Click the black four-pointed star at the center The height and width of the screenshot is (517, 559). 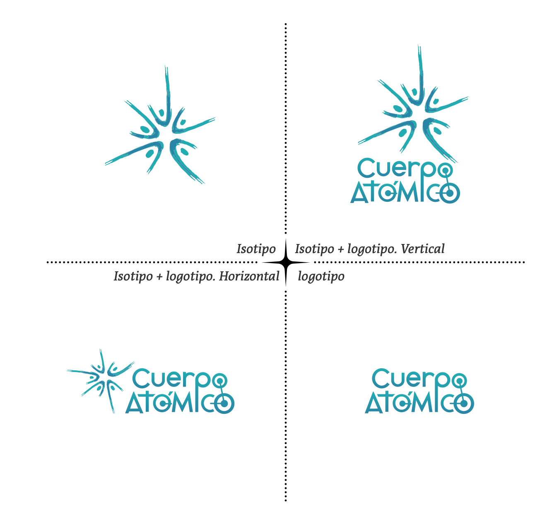pyautogui.click(x=286, y=262)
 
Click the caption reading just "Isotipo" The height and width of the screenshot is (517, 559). pyautogui.click(x=256, y=249)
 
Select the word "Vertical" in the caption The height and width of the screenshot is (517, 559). pyautogui.click(x=423, y=249)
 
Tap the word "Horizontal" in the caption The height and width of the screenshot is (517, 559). pyautogui.click(x=249, y=276)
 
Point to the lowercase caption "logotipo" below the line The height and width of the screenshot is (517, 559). pyautogui.click(x=321, y=276)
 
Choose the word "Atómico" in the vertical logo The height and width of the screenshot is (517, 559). pyautogui.click(x=405, y=193)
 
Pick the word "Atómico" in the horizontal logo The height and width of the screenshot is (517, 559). pyautogui.click(x=180, y=403)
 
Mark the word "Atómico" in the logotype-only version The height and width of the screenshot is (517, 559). pyautogui.click(x=419, y=403)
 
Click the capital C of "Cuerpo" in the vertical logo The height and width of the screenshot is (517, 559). pyautogui.click(x=366, y=168)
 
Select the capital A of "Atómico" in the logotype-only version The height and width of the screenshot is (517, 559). pyautogui.click(x=373, y=403)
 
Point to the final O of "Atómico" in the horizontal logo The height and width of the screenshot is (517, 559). pyautogui.click(x=224, y=403)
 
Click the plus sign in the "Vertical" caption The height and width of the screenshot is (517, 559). pyautogui.click(x=340, y=249)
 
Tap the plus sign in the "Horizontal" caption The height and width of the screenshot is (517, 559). pyautogui.click(x=159, y=277)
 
